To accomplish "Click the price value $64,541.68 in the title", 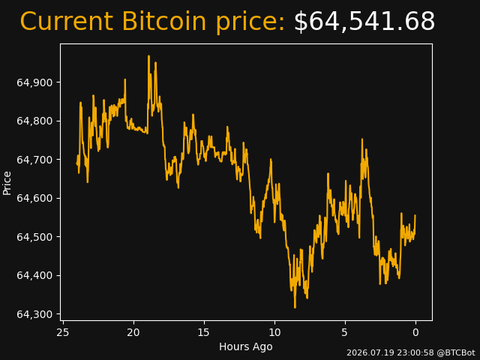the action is tap(364, 21).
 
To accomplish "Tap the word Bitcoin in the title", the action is tap(164, 21).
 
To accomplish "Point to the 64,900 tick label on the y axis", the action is tap(34, 82).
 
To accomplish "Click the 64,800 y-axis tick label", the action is tap(34, 121).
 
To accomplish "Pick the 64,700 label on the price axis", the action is tap(34, 160).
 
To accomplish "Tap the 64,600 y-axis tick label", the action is tap(34, 198).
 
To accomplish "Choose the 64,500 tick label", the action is tap(34, 237).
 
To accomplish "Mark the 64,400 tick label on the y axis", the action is tap(34, 275).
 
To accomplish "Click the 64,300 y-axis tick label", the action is tap(34, 314).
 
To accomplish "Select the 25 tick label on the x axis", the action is tap(63, 332).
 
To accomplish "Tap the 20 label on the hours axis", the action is tap(133, 332).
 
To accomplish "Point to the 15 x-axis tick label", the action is tap(204, 332).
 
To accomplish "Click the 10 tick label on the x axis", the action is tap(274, 332).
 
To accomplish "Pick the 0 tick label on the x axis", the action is tap(415, 332).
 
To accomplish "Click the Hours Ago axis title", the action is tap(246, 346).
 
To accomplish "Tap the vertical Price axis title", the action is tap(7, 183).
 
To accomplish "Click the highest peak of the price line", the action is tap(148, 56).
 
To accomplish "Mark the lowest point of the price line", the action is tap(295, 307).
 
